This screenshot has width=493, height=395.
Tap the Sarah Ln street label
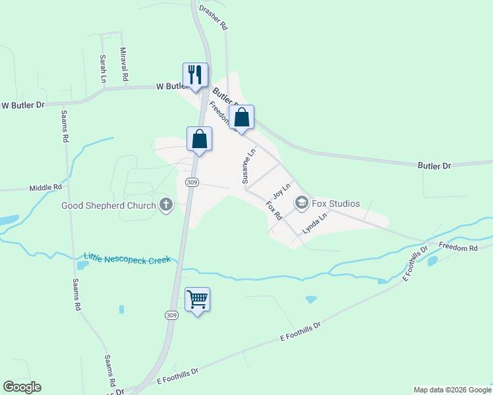(103, 68)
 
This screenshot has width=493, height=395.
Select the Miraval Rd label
(124, 64)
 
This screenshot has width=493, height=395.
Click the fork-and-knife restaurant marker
(195, 74)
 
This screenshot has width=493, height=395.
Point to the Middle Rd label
(45, 188)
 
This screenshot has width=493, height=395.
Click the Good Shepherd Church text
(109, 205)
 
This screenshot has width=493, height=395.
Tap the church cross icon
(165, 205)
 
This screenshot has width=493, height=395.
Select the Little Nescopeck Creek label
(127, 259)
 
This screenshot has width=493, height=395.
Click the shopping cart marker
(198, 300)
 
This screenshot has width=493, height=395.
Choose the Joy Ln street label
(282, 192)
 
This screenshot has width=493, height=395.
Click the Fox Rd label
(274, 211)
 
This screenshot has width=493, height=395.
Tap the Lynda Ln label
(315, 224)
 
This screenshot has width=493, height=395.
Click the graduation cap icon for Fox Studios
(302, 203)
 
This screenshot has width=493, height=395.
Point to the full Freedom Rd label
(457, 248)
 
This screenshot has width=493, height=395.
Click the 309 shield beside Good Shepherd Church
(192, 182)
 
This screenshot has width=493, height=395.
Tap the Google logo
(22, 387)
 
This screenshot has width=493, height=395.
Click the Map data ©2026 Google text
(451, 390)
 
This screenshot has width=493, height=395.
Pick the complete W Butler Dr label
(23, 105)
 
